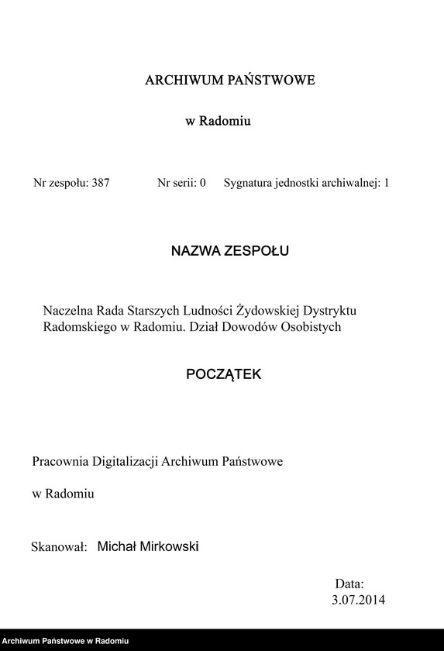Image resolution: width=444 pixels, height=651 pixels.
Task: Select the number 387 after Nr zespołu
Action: [x=101, y=184]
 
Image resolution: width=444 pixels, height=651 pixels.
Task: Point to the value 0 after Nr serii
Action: [x=202, y=184]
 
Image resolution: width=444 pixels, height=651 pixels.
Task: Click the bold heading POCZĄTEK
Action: [x=224, y=374]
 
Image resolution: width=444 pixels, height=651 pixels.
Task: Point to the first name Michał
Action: [x=115, y=547]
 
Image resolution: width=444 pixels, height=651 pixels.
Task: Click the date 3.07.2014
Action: [x=358, y=599]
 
